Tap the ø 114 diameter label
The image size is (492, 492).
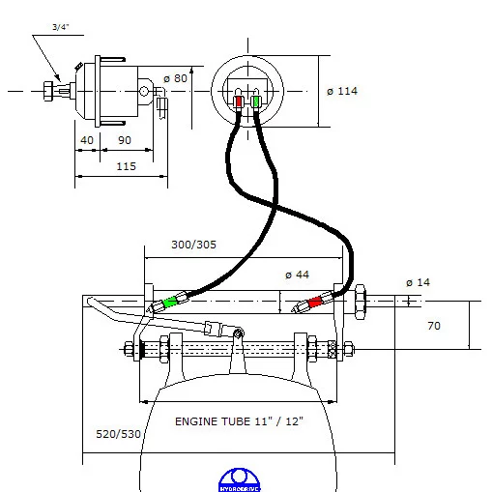click(x=343, y=91)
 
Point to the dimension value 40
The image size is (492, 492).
click(x=88, y=140)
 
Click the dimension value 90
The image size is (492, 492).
click(x=124, y=140)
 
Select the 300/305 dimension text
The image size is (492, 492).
click(x=194, y=245)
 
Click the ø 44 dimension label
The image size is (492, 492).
click(x=298, y=275)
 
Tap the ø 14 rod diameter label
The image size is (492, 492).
click(x=420, y=281)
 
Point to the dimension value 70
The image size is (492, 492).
click(x=434, y=326)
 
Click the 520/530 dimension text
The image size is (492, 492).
click(x=118, y=433)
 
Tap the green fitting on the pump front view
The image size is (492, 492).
click(x=256, y=101)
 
